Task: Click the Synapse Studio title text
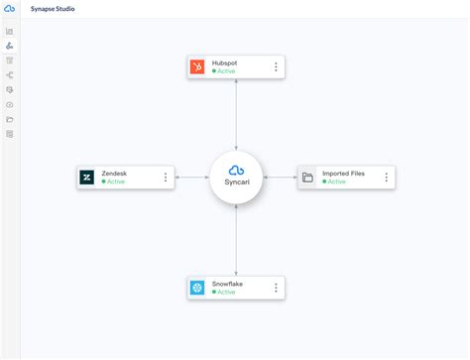pos(54,8)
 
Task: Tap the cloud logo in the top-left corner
pos(10,8)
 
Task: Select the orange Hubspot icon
pos(197,67)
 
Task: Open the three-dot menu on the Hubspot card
pos(276,67)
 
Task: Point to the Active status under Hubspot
pos(225,72)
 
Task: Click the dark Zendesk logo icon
pos(86,178)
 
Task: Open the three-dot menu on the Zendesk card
pos(166,178)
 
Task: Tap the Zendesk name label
pos(114,174)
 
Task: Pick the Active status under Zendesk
pos(114,182)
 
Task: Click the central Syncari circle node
pos(236,178)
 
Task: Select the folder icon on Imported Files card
pos(307,178)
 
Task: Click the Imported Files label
pos(343,174)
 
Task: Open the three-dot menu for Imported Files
pos(386,178)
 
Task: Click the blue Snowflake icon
pos(197,288)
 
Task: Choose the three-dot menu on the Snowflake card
pos(276,288)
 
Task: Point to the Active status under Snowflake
pos(225,293)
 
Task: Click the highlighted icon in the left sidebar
pos(10,46)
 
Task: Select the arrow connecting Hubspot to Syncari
pos(236,114)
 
